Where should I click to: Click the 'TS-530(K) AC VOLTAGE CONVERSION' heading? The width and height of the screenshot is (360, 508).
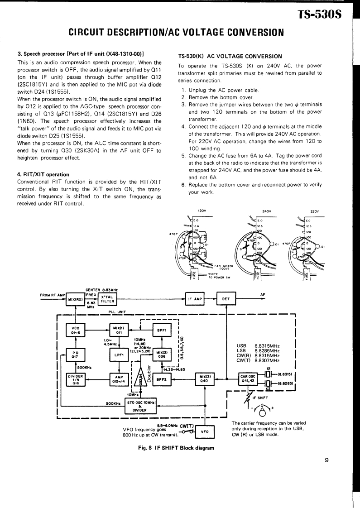pyautogui.click(x=230, y=56)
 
